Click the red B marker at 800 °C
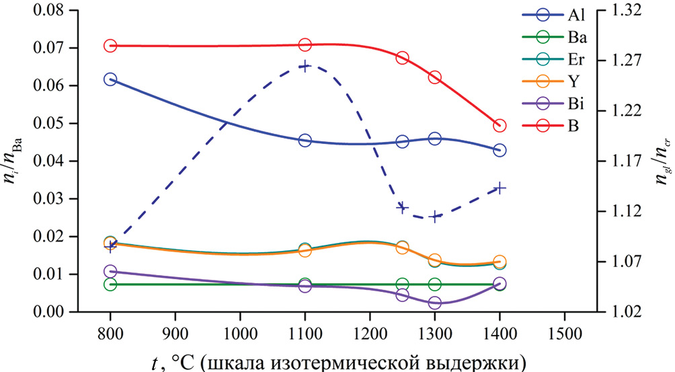110,46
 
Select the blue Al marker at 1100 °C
305,141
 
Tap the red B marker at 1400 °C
499,126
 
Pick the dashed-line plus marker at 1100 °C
305,66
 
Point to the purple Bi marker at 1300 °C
434,303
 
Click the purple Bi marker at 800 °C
110,272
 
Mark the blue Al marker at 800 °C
110,79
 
